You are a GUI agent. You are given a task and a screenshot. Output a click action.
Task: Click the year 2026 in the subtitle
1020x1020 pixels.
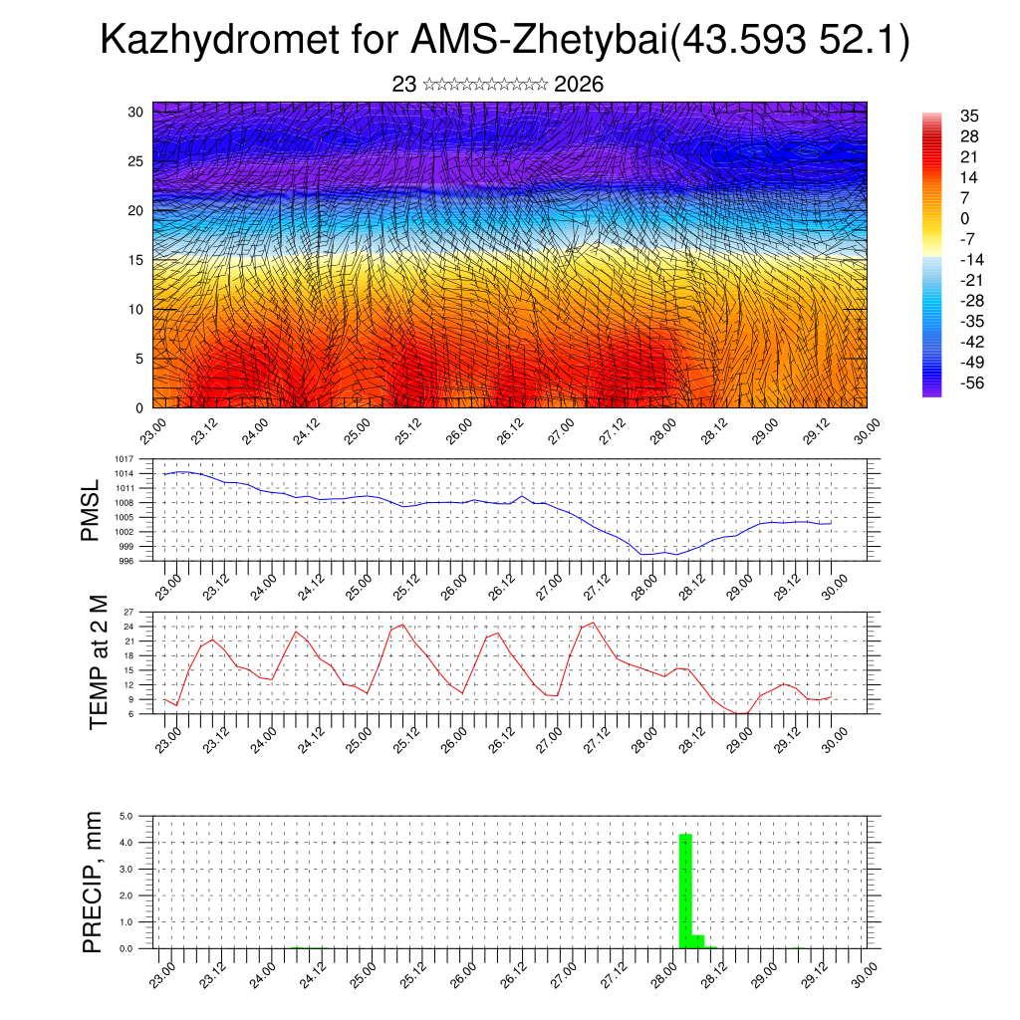(579, 85)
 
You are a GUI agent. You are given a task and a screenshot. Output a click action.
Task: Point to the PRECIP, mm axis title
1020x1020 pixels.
(93, 881)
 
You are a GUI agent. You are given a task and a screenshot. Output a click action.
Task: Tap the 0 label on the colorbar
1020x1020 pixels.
(964, 218)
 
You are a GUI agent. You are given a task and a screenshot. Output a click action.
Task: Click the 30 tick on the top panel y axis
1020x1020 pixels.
(135, 112)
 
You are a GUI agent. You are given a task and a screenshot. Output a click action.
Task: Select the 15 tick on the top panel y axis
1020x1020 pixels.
(135, 260)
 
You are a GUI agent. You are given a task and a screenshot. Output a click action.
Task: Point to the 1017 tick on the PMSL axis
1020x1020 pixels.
(125, 459)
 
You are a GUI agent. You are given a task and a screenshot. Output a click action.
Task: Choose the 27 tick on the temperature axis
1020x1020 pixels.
(128, 613)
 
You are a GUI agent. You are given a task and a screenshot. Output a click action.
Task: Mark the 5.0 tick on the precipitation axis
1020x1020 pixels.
(127, 816)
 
